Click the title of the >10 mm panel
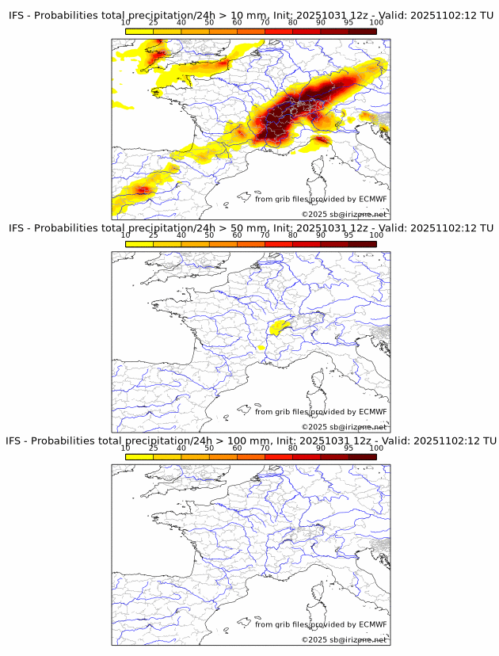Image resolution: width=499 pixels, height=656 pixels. pyautogui.click(x=251, y=15)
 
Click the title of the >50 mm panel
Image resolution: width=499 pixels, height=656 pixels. pyautogui.click(x=251, y=228)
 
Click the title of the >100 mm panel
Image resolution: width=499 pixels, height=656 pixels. pyautogui.click(x=251, y=441)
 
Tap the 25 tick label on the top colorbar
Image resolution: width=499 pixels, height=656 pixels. pyautogui.click(x=154, y=23)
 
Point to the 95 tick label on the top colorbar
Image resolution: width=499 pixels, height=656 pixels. pyautogui.click(x=349, y=23)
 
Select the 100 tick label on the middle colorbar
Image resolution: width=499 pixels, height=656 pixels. pyautogui.click(x=376, y=235)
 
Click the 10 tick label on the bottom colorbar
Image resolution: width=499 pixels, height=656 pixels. pyautogui.click(x=126, y=448)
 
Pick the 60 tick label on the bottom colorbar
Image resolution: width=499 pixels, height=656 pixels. pyautogui.click(x=237, y=448)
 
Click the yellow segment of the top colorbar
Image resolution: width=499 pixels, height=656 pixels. pyautogui.click(x=139, y=31)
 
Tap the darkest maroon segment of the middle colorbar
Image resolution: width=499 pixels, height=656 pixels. pyautogui.click(x=363, y=244)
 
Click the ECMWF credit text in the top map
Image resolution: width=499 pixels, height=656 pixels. pyautogui.click(x=321, y=199)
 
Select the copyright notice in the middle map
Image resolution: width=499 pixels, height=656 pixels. pyautogui.click(x=344, y=427)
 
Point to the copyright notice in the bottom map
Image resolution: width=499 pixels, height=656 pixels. pyautogui.click(x=344, y=639)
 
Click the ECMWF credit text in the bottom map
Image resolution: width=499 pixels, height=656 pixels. pyautogui.click(x=321, y=624)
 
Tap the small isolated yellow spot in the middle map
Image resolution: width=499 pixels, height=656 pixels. pyautogui.click(x=261, y=347)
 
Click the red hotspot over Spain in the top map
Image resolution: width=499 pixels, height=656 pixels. pyautogui.click(x=143, y=189)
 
